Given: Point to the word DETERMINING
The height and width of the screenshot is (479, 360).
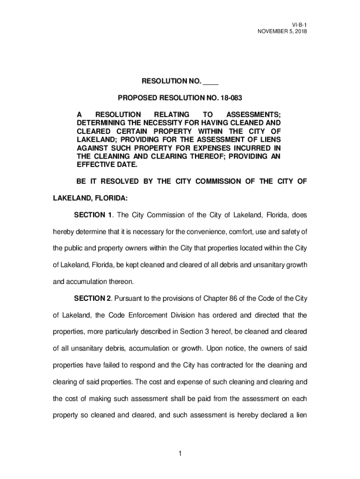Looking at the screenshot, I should [x=100, y=123].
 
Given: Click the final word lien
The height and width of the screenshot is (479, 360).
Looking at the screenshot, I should [x=301, y=415].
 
